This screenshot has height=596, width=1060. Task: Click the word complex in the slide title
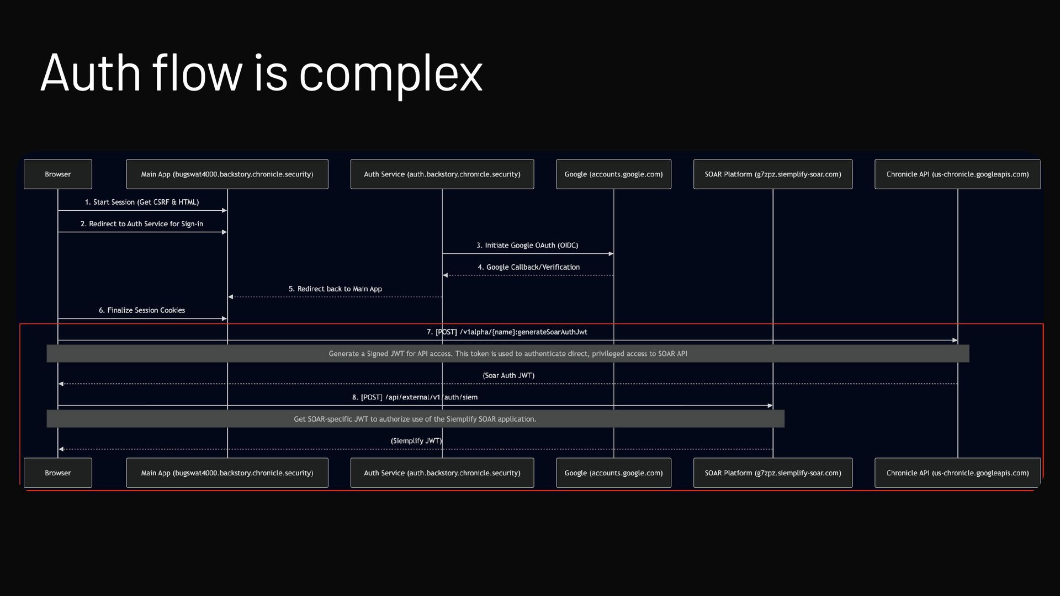390,74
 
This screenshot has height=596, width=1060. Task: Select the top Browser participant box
58,174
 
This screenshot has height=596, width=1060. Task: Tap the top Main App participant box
227,174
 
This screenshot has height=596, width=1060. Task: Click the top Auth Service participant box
442,174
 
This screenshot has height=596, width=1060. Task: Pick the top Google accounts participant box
613,174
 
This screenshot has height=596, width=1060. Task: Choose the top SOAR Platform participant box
772,174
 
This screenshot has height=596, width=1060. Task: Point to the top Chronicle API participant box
957,174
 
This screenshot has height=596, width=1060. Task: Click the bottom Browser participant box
58,473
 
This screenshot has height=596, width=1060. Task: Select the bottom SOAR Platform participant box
772,473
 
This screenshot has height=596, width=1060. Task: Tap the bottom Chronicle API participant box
957,473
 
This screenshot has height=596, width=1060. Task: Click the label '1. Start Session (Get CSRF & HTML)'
142,202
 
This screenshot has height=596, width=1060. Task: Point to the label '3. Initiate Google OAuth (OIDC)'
527,245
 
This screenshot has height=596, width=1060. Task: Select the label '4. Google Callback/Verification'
528,267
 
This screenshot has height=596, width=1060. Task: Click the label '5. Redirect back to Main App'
335,289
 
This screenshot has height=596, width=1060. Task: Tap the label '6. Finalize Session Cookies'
142,310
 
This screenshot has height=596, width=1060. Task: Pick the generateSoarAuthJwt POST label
507,332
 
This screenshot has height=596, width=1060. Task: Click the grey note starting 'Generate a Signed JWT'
507,354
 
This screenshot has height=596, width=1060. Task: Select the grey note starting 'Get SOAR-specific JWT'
415,419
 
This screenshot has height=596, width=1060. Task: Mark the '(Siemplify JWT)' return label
416,440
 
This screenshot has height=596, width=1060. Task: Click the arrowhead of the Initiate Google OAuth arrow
611,254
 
